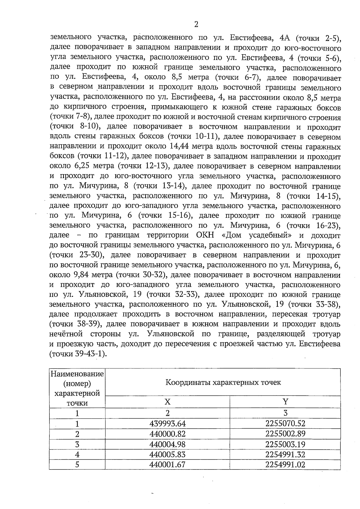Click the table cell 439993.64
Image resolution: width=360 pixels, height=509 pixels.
click(167, 424)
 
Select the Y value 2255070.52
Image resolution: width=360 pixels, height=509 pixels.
click(285, 424)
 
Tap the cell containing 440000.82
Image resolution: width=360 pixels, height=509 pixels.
click(167, 434)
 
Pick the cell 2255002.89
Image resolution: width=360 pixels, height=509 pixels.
click(285, 434)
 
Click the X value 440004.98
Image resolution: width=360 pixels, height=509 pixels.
click(167, 444)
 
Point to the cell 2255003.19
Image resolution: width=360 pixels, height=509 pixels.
click(285, 444)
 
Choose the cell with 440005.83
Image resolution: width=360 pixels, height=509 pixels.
click(167, 454)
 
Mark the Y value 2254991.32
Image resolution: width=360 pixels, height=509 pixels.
click(285, 454)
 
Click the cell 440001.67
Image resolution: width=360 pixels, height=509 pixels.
click(167, 465)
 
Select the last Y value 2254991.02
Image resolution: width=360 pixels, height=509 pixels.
click(285, 465)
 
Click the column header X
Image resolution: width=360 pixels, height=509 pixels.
click(167, 402)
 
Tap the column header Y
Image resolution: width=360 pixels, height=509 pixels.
click(285, 402)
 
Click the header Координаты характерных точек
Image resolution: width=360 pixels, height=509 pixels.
click(223, 382)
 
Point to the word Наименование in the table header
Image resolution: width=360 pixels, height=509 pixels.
click(77, 374)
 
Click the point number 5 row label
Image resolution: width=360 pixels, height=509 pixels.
click(77, 465)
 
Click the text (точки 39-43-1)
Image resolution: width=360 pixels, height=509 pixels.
click(78, 354)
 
